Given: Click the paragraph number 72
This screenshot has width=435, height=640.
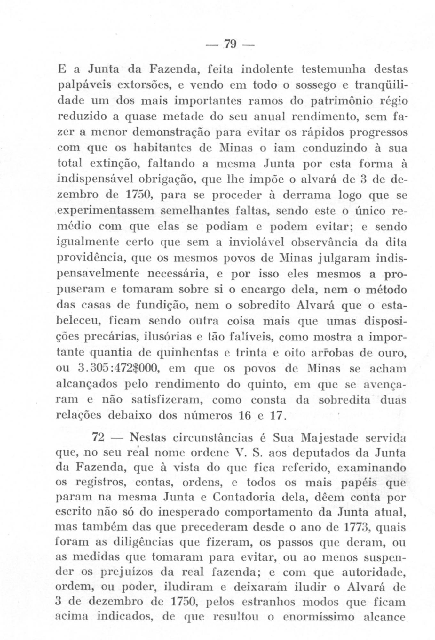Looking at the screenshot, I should pyautogui.click(x=98, y=437).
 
